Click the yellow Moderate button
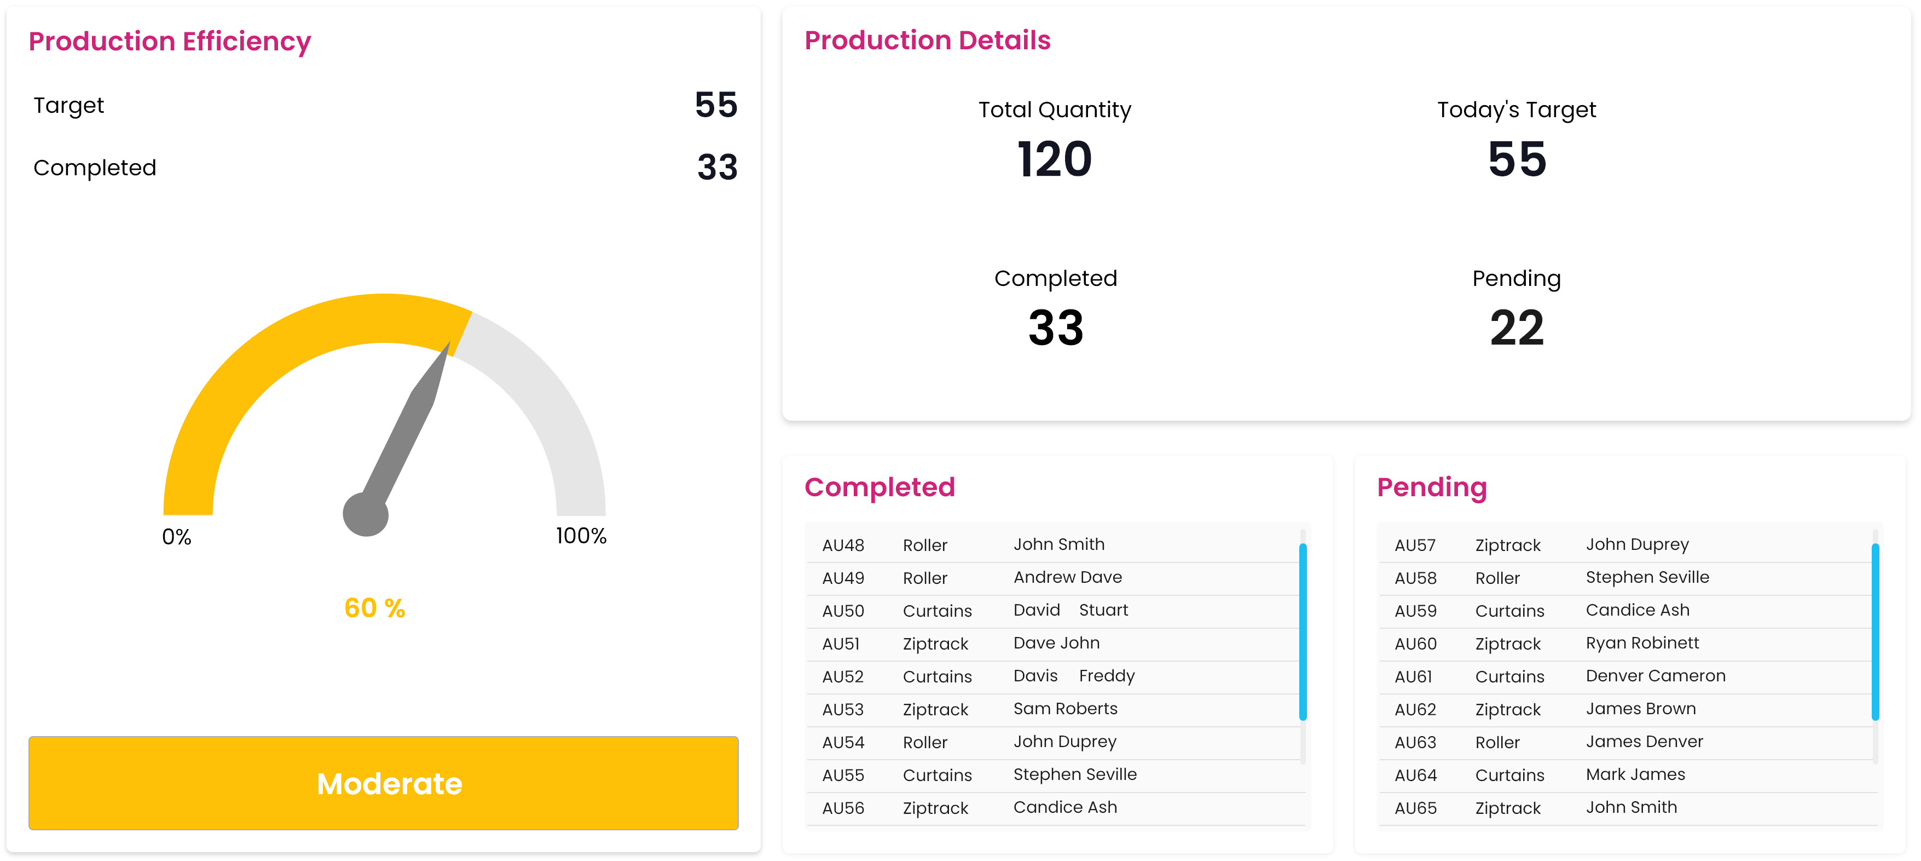[383, 783]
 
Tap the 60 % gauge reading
[374, 608]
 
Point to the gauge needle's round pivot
[366, 514]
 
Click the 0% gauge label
[177, 536]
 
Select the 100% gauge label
[581, 536]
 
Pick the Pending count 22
[1516, 328]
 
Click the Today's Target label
[1516, 110]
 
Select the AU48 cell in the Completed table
[843, 546]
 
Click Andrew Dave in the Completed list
[1067, 577]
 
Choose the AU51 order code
[841, 644]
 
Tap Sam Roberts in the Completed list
[1065, 709]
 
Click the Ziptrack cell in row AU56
[935, 808]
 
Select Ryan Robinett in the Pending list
[1642, 643]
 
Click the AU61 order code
[1413, 677]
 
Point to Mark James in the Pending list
[1635, 774]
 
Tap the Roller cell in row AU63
[1497, 742]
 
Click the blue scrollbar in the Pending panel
[1875, 631]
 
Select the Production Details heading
[927, 41]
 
